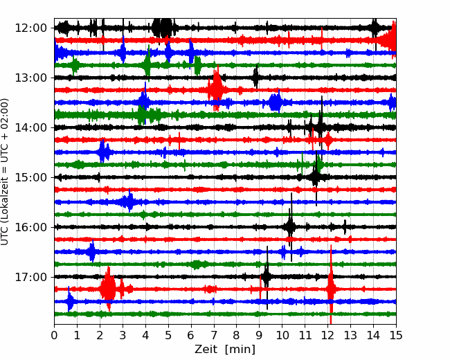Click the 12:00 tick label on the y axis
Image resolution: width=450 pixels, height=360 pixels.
point(30,28)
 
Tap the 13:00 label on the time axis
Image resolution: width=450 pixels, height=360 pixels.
point(30,78)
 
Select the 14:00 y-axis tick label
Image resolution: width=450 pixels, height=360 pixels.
point(30,127)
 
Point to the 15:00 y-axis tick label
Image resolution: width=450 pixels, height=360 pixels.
point(30,177)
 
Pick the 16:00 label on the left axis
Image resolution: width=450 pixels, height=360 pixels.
point(30,227)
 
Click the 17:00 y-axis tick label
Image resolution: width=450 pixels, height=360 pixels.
point(30,277)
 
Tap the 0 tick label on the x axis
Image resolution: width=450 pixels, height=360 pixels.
point(54,335)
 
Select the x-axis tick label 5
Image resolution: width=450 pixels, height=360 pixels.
point(168,335)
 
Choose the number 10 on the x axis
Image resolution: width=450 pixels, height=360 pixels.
point(282,335)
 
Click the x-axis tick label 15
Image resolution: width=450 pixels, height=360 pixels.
point(396,335)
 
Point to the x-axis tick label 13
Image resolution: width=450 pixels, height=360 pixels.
point(350,335)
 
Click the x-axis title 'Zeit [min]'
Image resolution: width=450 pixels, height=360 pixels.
point(225,350)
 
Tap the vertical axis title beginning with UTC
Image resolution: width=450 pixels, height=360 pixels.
point(5,172)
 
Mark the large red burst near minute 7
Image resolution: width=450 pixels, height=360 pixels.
point(216,89)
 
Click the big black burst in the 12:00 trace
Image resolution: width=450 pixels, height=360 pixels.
point(163,28)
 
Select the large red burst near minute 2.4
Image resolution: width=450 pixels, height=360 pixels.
point(108,289)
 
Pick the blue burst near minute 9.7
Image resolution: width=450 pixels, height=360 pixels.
point(276,102)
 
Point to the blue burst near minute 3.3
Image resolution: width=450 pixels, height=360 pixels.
point(129,201)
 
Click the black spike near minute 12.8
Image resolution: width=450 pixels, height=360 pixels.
point(345,227)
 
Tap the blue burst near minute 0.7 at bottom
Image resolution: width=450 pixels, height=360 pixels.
point(69,301)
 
